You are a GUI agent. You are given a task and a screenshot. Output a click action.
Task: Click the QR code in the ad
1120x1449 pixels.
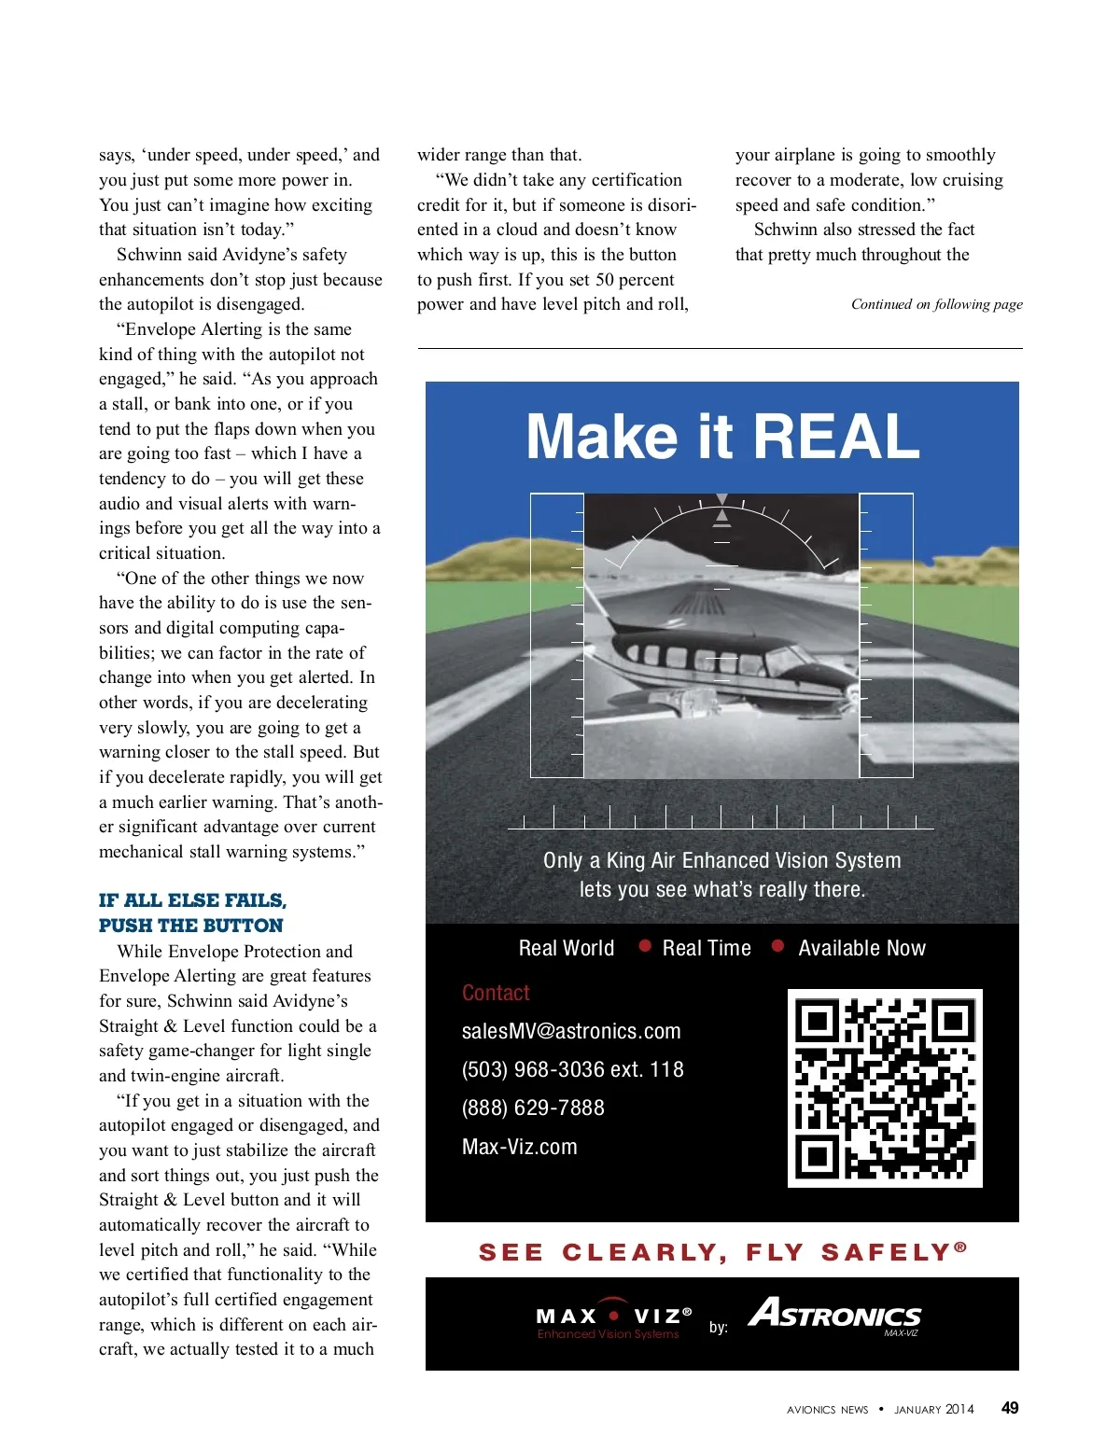coord(885,1088)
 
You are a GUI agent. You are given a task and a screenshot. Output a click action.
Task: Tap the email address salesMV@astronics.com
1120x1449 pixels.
coord(571,1031)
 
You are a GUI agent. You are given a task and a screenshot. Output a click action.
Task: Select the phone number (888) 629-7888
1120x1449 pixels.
coord(533,1108)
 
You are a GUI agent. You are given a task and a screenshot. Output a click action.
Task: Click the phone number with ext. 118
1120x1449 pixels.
coord(572,1069)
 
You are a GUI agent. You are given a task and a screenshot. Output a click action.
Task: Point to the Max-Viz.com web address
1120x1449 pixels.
coord(519,1147)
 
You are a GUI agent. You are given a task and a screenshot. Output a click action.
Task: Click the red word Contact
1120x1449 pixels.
coord(496,993)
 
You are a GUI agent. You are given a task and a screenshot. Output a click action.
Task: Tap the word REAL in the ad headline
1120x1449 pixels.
coord(835,437)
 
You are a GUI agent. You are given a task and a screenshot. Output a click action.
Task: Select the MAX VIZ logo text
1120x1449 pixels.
coord(613,1316)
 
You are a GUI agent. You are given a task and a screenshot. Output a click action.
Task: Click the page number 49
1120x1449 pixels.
coord(1010,1408)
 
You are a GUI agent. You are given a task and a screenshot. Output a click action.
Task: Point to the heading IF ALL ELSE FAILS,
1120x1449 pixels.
coord(192,900)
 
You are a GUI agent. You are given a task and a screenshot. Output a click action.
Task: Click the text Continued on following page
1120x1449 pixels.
coord(936,304)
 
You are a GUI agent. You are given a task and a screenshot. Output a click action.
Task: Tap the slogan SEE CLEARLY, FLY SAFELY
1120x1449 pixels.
coord(722,1252)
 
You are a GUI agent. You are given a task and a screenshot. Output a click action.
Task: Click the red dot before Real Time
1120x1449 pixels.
coord(644,946)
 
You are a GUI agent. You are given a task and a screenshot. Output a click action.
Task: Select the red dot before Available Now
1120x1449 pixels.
coord(777,946)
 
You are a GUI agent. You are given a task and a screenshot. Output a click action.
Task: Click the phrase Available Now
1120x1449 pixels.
coord(861,948)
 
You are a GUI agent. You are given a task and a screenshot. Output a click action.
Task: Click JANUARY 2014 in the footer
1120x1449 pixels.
coord(933,1409)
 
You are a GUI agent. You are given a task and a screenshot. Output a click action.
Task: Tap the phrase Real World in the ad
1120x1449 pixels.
coord(566,948)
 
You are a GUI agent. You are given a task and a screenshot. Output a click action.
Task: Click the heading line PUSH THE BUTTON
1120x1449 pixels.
coord(190,926)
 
